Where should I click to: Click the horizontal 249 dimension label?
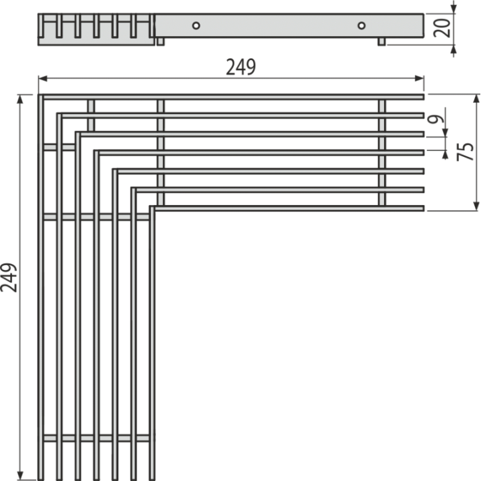[x=240, y=67]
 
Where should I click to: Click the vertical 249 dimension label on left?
[x=9, y=277]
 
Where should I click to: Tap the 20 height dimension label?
[x=442, y=28]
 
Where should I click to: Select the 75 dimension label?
[x=466, y=152]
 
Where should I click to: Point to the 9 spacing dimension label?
[x=436, y=119]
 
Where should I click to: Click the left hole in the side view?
[x=196, y=25]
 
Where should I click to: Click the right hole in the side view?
[x=361, y=25]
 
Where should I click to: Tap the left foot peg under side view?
[x=160, y=41]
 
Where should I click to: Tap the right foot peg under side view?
[x=381, y=41]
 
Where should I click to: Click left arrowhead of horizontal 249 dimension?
[x=43, y=79]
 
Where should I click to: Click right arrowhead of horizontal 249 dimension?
[x=420, y=79]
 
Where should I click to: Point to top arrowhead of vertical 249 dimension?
[x=20, y=99]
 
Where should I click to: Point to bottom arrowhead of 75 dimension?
[x=476, y=206]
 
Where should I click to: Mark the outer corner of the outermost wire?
[x=39, y=95]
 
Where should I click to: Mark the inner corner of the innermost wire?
[x=155, y=210]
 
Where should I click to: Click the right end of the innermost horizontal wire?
[x=424, y=208]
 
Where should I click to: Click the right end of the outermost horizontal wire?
[x=424, y=97]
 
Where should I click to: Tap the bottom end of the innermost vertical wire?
[x=152, y=480]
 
